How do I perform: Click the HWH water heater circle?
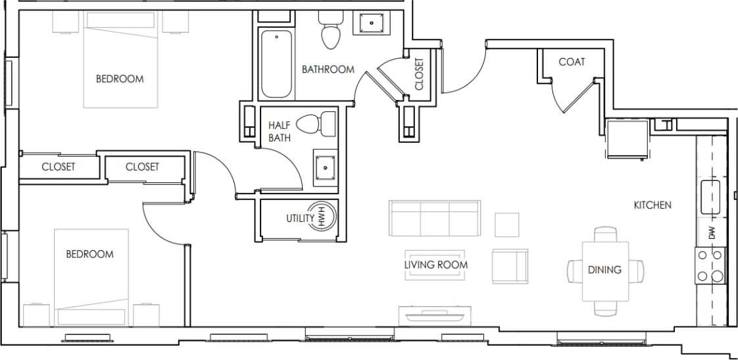pos(323,217)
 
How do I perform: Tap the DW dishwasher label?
pos(712,232)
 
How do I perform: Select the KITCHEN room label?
pos(652,205)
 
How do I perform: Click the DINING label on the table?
pos(604,270)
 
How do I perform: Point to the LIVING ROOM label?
pos(436,265)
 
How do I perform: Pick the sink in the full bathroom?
pos(372,24)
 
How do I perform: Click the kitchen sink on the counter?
pos(712,197)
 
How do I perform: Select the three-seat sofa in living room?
pos(435,219)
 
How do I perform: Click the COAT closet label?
pos(572,62)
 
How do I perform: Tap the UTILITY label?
pos(299,219)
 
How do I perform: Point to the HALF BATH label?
pos(280,131)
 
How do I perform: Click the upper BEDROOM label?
pos(120,79)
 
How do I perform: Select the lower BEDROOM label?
pos(89,254)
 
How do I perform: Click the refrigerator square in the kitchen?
pos(626,139)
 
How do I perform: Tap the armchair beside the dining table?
pos(510,266)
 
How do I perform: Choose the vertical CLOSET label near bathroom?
pos(419,74)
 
